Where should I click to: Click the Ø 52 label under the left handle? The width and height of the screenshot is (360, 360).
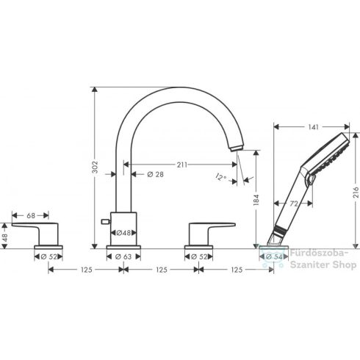click(x=48, y=256)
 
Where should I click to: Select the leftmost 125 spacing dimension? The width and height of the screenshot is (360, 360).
click(x=85, y=270)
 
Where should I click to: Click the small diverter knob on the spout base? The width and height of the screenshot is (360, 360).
click(x=103, y=220)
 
